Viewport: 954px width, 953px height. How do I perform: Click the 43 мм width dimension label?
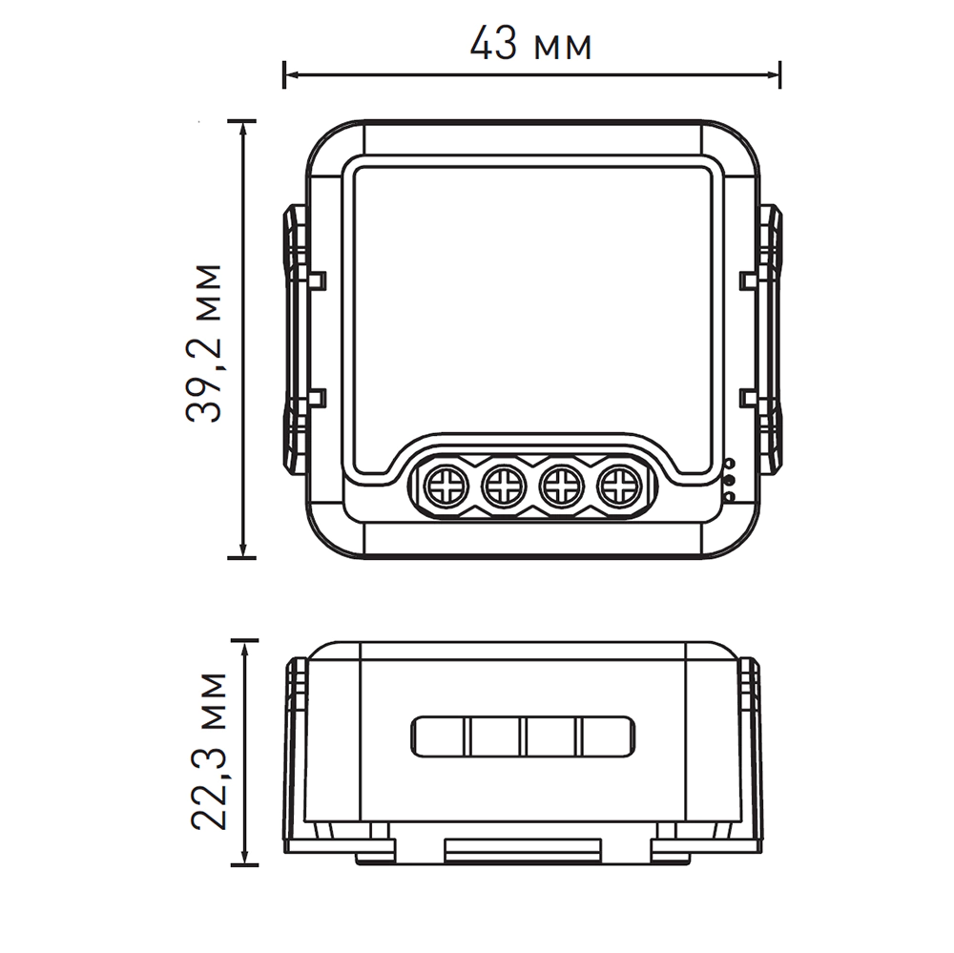point(530,44)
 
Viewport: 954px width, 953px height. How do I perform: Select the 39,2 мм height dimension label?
point(204,343)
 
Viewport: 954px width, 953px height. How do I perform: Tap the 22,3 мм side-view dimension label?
point(209,752)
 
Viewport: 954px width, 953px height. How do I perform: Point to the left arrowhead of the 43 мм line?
point(291,74)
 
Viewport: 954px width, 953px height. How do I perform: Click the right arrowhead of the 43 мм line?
point(773,74)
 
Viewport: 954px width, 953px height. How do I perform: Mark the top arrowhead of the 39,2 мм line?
point(243,129)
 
